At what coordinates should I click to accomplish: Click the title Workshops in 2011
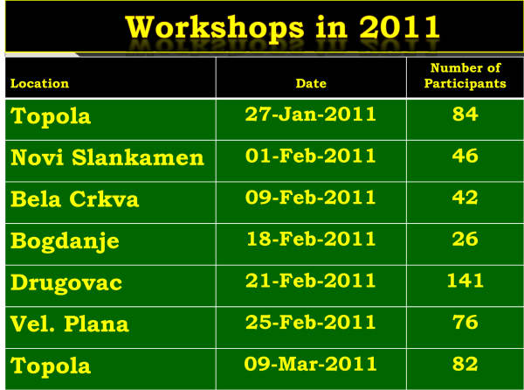pyautogui.click(x=282, y=27)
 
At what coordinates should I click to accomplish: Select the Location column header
pyautogui.click(x=40, y=83)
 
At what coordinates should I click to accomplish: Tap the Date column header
pyautogui.click(x=311, y=83)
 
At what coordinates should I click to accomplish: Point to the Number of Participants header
pyautogui.click(x=465, y=75)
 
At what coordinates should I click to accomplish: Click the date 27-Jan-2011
pyautogui.click(x=310, y=115)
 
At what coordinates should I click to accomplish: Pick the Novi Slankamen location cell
pyautogui.click(x=107, y=157)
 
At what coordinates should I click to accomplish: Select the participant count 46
pyautogui.click(x=465, y=156)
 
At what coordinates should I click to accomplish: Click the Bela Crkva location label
pyautogui.click(x=74, y=199)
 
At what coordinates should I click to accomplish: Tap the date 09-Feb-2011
pyautogui.click(x=310, y=198)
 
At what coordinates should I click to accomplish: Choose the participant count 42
pyautogui.click(x=465, y=198)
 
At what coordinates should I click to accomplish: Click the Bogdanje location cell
pyautogui.click(x=65, y=241)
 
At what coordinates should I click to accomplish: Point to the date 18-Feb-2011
pyautogui.click(x=311, y=239)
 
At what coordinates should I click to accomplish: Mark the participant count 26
pyautogui.click(x=465, y=239)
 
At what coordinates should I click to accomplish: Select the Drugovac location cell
pyautogui.click(x=66, y=283)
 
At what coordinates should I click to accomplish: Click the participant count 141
pyautogui.click(x=465, y=281)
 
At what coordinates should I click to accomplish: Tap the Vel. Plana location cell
pyautogui.click(x=70, y=324)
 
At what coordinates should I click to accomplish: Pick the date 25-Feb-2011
pyautogui.click(x=310, y=322)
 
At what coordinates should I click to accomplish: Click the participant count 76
pyautogui.click(x=465, y=322)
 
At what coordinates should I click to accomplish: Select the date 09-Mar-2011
pyautogui.click(x=310, y=364)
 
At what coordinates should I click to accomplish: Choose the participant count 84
pyautogui.click(x=465, y=115)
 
